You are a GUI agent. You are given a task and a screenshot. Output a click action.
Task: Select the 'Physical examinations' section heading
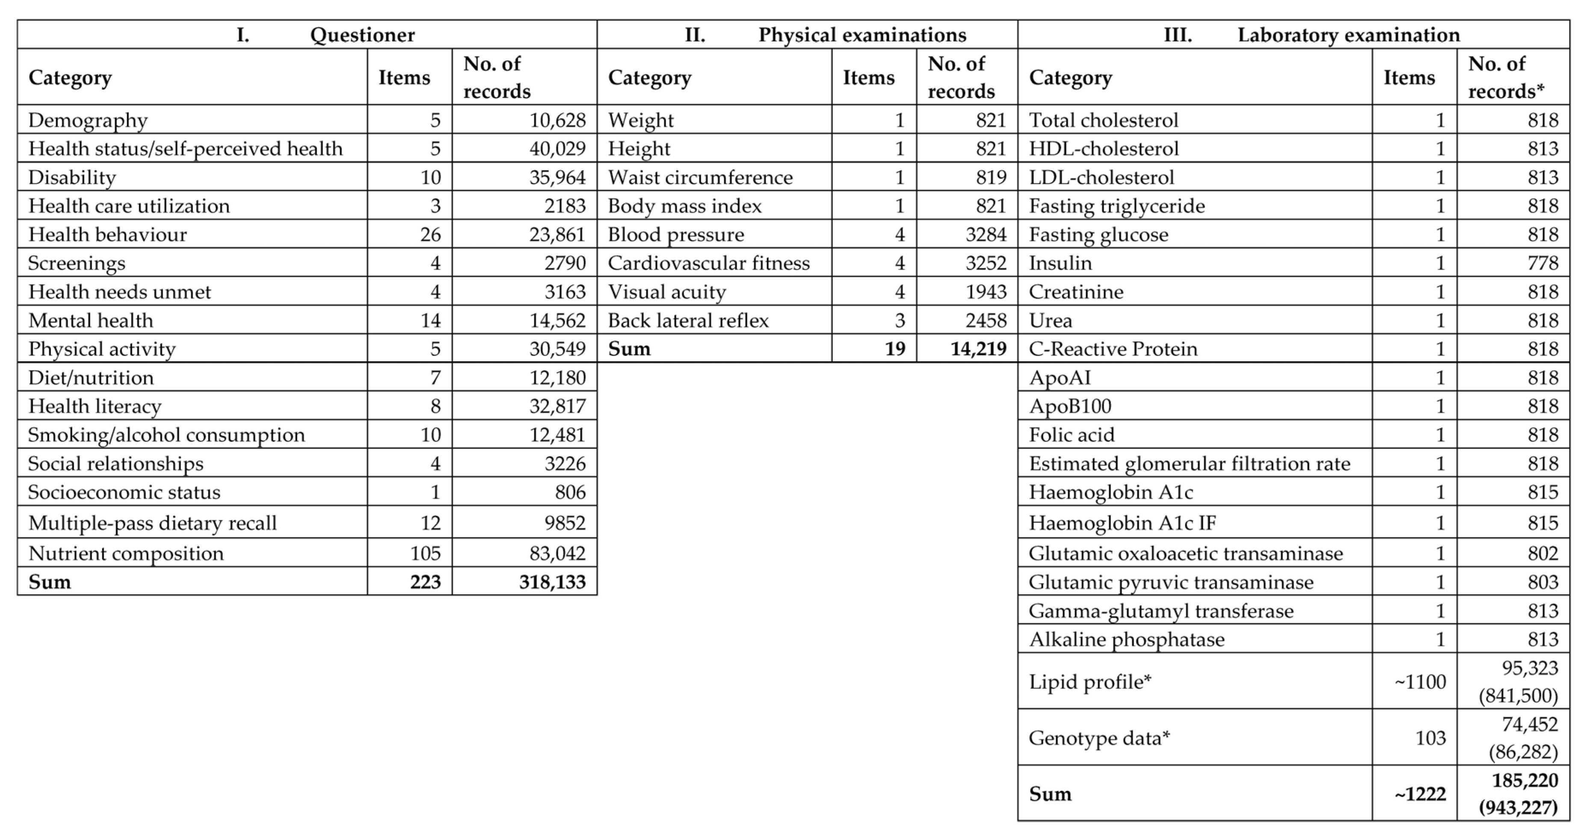point(862,35)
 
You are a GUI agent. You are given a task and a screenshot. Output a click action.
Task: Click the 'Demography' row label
point(88,120)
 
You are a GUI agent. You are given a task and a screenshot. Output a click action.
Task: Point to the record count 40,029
point(557,148)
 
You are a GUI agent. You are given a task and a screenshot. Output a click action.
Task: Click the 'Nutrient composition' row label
point(126,554)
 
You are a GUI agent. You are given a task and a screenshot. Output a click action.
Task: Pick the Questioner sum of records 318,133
point(551,582)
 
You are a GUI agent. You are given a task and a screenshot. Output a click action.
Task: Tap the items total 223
point(425,582)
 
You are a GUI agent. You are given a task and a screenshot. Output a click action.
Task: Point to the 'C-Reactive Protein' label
point(1113,349)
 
